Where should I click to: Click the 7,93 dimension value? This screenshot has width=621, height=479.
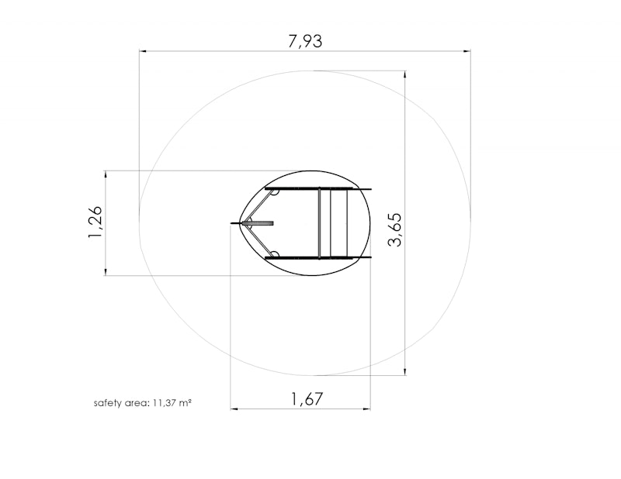pyautogui.click(x=305, y=41)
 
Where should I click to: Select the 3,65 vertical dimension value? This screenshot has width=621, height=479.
pyautogui.click(x=395, y=229)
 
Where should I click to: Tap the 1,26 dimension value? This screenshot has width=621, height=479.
pyautogui.click(x=95, y=222)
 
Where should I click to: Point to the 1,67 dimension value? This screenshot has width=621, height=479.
pyautogui.click(x=307, y=398)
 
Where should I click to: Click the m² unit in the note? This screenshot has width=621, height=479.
pyautogui.click(x=186, y=403)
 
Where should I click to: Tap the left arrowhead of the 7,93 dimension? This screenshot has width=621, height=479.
pyautogui.click(x=143, y=51)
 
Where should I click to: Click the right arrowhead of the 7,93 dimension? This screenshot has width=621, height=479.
pyautogui.click(x=467, y=51)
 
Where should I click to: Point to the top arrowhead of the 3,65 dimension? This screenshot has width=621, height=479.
pyautogui.click(x=404, y=74)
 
